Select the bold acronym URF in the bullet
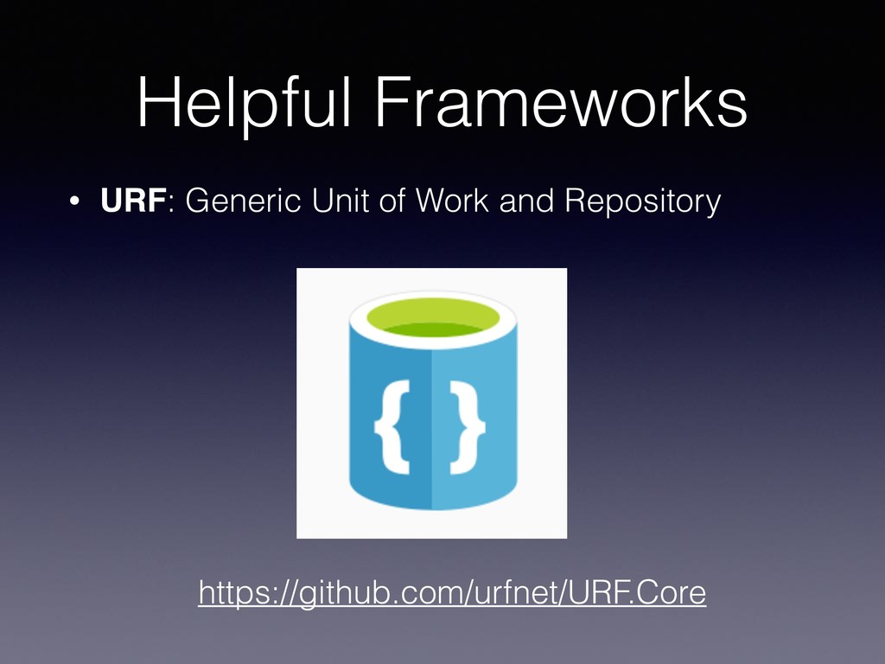(133, 202)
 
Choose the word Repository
(642, 204)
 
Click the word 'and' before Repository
(529, 202)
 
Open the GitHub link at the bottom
(452, 594)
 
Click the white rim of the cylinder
(432, 342)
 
